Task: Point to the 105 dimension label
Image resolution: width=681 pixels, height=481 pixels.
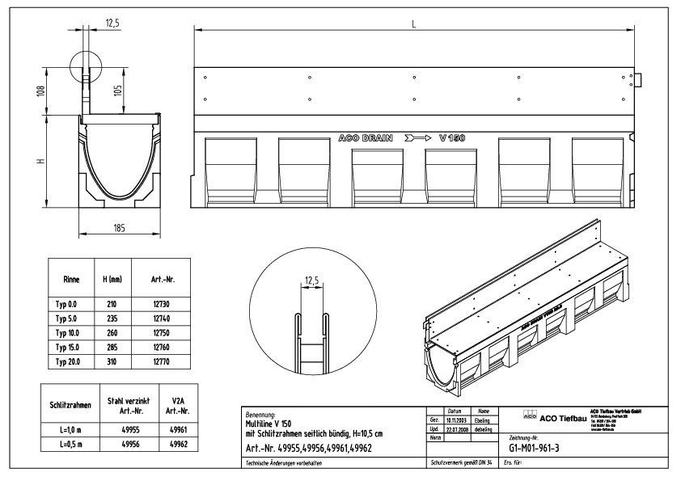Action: [118, 92]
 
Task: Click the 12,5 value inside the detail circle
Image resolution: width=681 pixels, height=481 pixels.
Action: [311, 281]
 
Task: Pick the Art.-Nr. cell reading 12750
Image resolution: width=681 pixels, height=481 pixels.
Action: [160, 333]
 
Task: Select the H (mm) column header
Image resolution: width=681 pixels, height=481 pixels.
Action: [110, 279]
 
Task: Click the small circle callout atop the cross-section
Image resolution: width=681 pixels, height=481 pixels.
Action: [86, 66]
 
